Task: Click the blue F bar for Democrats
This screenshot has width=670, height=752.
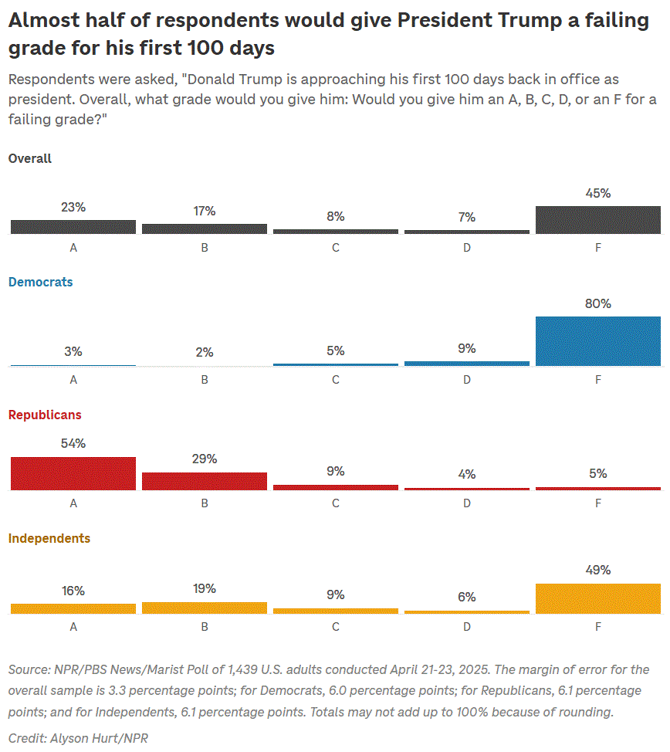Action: coord(597,341)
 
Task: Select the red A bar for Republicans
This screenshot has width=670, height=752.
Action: coord(73,473)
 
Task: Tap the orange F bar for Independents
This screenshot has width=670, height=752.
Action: coord(597,599)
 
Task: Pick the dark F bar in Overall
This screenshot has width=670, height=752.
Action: coord(597,220)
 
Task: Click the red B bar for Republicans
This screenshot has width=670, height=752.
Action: coord(205,481)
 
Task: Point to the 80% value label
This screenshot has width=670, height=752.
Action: coord(597,304)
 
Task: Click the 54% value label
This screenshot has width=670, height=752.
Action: coord(73,444)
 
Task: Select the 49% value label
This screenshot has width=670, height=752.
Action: coord(597,571)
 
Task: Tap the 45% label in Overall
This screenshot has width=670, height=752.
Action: coord(597,194)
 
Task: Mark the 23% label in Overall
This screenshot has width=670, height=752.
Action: coord(73,208)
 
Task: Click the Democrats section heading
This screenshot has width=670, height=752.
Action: coord(40,283)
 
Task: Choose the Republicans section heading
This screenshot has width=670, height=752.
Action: coord(45,415)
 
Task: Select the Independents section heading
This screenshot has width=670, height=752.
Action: coord(49,539)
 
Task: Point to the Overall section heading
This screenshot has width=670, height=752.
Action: coord(30,159)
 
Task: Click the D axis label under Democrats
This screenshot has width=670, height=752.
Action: coord(467,380)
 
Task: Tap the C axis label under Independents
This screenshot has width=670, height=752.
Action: coord(336,627)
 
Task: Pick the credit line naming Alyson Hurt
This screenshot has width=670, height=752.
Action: coord(78,738)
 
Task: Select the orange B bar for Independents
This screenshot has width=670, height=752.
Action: coord(205,608)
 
